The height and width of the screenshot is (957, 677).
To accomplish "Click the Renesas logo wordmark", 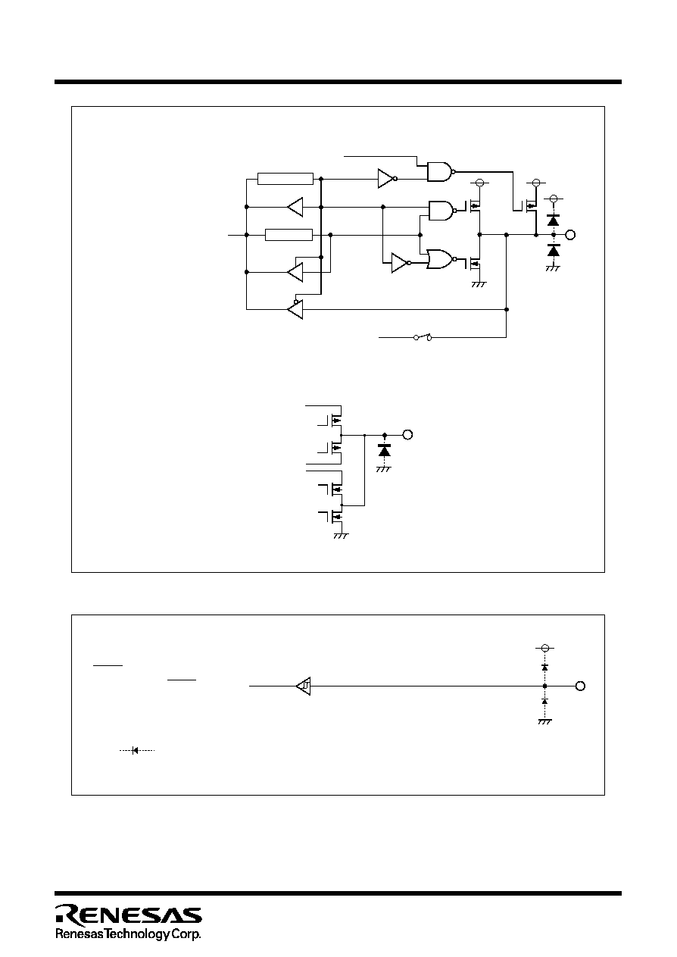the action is [x=128, y=915].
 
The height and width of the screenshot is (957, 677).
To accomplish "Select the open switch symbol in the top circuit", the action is [x=423, y=337].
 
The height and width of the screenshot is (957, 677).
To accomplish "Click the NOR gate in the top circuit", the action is [x=440, y=259].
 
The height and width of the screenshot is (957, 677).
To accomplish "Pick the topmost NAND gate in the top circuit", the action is [x=440, y=171].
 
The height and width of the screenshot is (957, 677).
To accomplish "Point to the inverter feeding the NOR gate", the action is [x=401, y=263].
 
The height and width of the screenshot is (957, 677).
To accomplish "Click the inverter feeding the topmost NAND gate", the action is [x=387, y=179].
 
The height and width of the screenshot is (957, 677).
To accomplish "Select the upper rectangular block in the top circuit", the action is [x=285, y=179].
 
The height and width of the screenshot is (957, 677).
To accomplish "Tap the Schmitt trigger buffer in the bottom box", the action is [x=303, y=686].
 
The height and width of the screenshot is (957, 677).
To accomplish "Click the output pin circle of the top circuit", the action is [x=570, y=235].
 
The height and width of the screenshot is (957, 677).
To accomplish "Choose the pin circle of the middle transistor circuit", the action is [x=407, y=435].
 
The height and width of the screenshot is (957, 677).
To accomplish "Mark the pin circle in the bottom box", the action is [x=580, y=686].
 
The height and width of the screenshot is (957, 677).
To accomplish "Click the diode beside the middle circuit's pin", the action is [x=385, y=450].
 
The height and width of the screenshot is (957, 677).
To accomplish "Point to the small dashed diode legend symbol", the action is [x=136, y=750].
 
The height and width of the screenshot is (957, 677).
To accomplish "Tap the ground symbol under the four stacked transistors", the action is [x=341, y=536].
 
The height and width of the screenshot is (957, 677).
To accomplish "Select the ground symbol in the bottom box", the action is [x=544, y=721].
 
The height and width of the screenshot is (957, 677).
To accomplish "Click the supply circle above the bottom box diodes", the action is [x=544, y=648].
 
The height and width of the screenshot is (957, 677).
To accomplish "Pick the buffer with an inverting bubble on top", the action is [x=295, y=308].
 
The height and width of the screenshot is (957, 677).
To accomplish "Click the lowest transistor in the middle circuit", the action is [x=335, y=517].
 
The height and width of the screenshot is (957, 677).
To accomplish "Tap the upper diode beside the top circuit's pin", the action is [x=554, y=220].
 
